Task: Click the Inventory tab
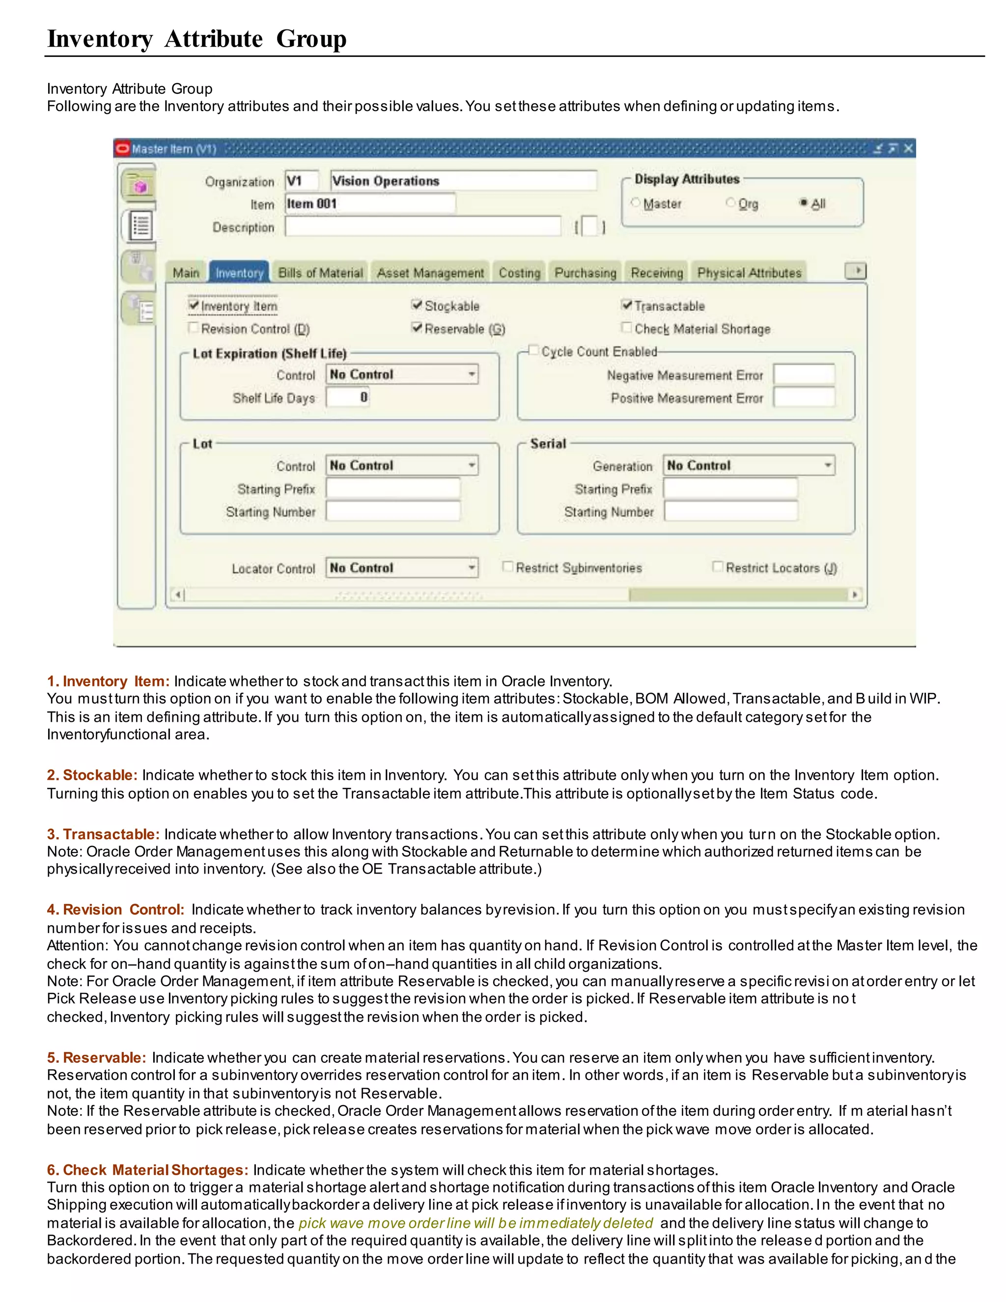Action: (x=239, y=273)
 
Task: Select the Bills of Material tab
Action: (x=320, y=273)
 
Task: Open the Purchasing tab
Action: (x=585, y=273)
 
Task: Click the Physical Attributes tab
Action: (x=749, y=273)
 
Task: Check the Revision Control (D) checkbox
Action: (x=193, y=327)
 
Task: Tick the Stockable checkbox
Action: (x=417, y=305)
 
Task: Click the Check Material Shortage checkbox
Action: (x=626, y=327)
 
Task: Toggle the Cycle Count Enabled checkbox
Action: (x=534, y=350)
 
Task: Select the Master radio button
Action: (x=635, y=203)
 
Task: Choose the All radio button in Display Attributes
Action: (x=803, y=203)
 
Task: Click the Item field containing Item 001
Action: (x=369, y=203)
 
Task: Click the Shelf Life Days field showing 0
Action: (x=347, y=397)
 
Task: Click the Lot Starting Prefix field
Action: (x=393, y=488)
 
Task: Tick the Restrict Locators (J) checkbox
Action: (x=718, y=566)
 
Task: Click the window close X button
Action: (x=908, y=148)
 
